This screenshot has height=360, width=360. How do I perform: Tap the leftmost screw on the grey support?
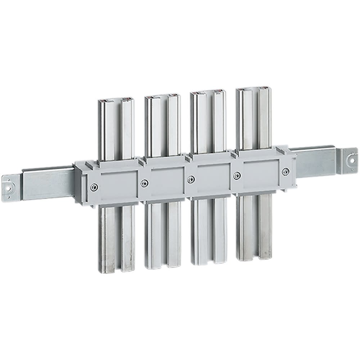tap(94, 186)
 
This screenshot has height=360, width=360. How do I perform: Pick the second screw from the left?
tap(144, 183)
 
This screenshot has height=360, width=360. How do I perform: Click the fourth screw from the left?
tap(237, 175)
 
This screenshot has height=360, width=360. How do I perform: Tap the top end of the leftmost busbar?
tap(116, 100)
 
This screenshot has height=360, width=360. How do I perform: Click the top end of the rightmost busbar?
tap(254, 89)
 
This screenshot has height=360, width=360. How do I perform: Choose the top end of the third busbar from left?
tap(208, 93)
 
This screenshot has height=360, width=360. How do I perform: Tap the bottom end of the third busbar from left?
tap(208, 263)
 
